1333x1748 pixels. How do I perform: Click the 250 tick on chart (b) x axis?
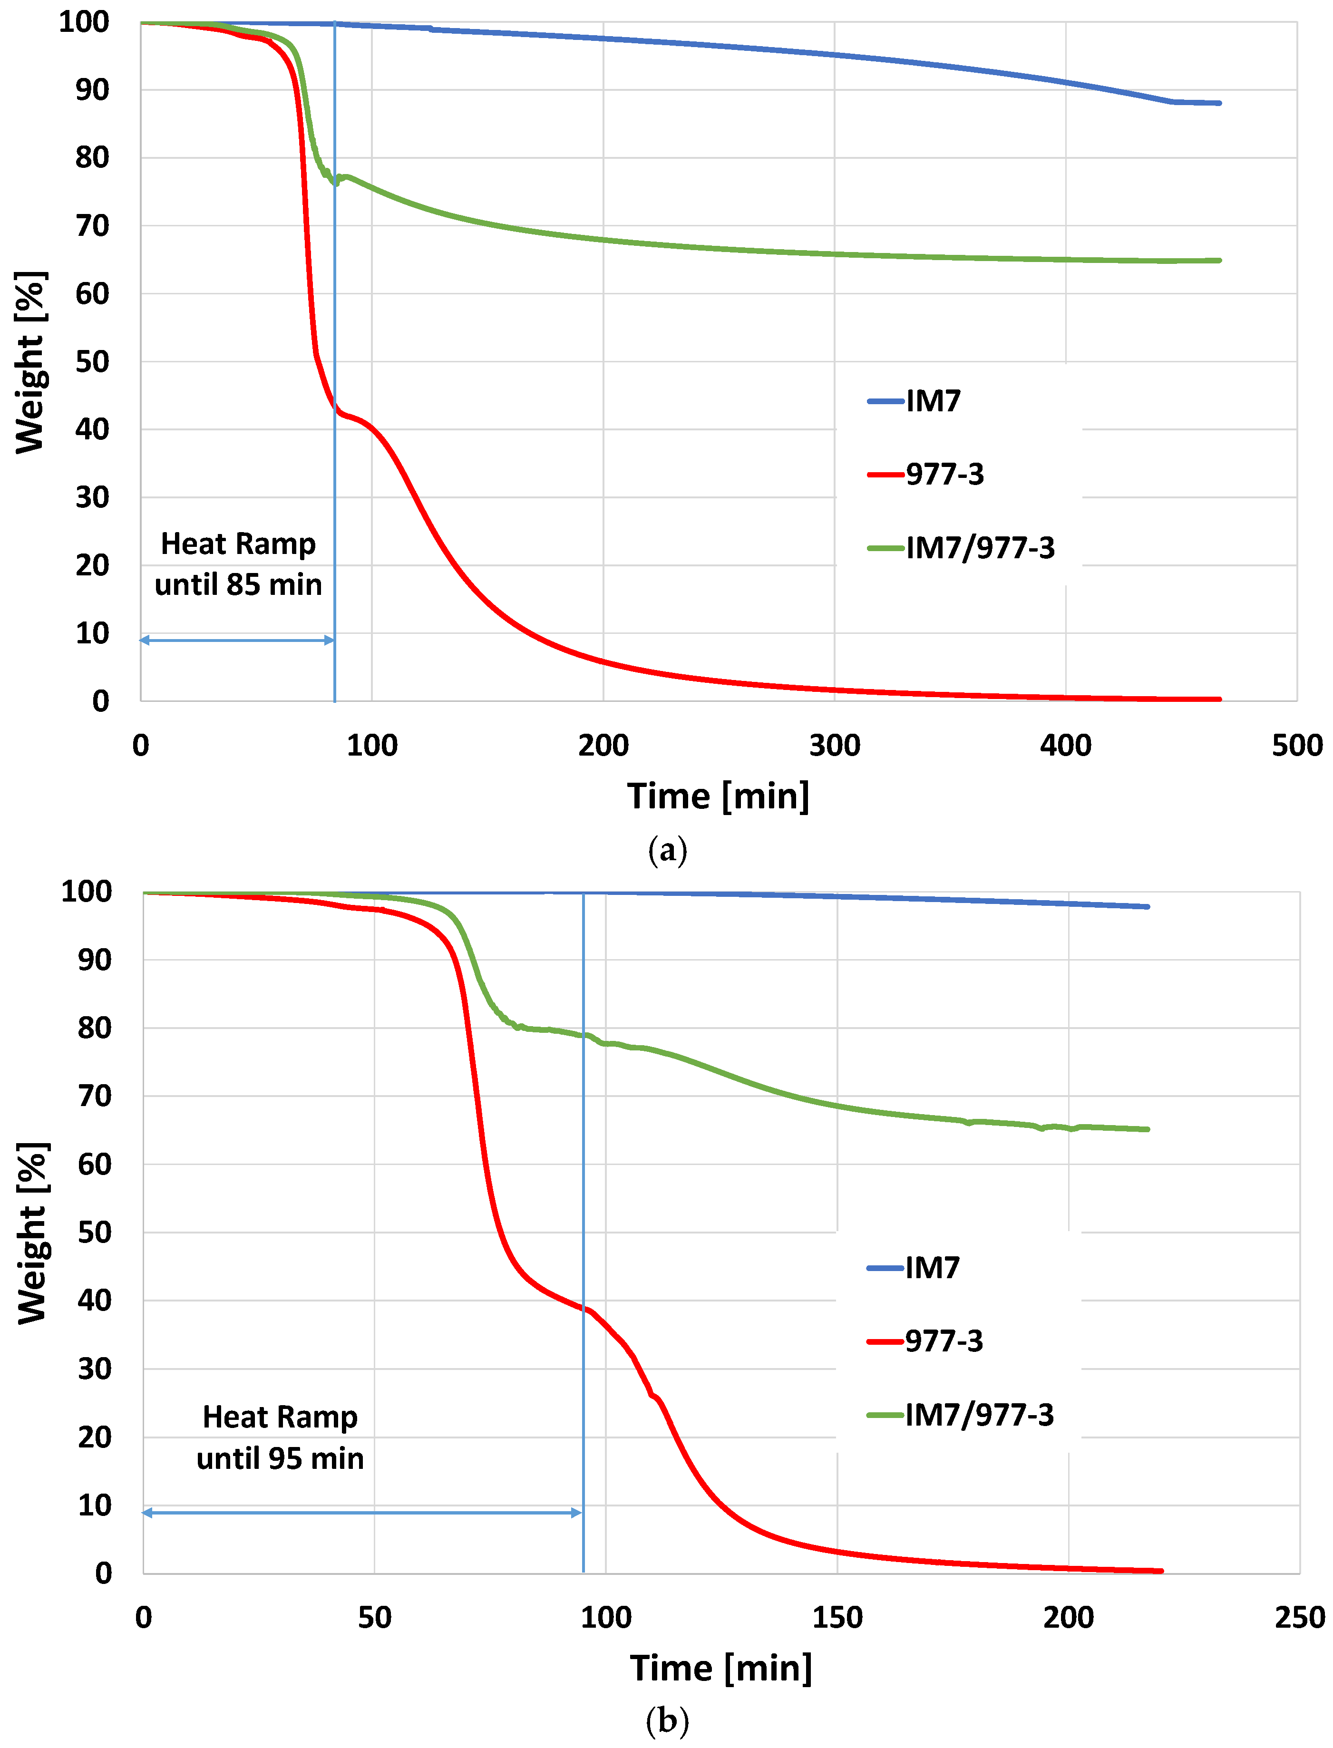click(x=1299, y=1617)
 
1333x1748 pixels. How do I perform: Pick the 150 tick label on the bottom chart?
click(x=837, y=1617)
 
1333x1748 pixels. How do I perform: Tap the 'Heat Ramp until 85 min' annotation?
click(x=238, y=564)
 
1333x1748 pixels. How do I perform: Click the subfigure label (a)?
click(x=667, y=851)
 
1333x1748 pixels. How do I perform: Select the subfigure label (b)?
click(x=667, y=1720)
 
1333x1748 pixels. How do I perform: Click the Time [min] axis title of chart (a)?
click(x=718, y=796)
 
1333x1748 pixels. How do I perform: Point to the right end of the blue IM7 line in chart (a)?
click(x=1219, y=103)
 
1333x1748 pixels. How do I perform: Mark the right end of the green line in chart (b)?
click(x=1148, y=1129)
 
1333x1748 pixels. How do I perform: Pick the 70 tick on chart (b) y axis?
click(x=95, y=1097)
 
